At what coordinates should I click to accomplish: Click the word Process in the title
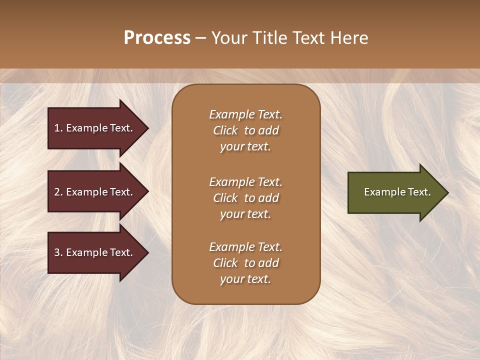[157, 38]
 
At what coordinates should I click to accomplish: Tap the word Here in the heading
[348, 38]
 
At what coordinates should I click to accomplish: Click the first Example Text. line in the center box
[245, 114]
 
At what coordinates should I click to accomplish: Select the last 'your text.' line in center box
[245, 279]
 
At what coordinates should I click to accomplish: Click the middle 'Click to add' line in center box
[245, 198]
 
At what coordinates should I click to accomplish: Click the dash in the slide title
[200, 38]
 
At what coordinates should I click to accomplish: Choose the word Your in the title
[227, 38]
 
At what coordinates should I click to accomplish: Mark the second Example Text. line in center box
[245, 182]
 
